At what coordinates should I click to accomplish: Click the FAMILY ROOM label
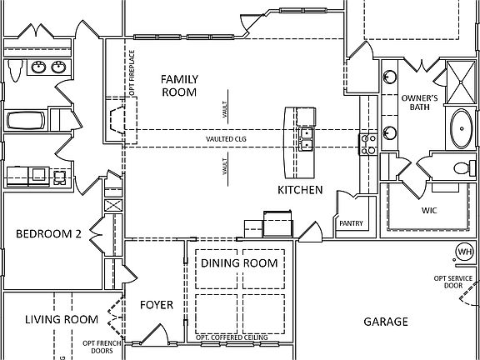click(178, 84)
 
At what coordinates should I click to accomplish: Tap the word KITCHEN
click(300, 191)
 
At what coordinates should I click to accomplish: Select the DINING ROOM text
click(239, 263)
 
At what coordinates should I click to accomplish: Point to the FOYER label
click(156, 305)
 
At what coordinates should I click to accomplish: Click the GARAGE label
click(386, 322)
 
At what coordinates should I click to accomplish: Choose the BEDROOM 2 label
click(48, 235)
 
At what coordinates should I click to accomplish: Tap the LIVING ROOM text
click(61, 319)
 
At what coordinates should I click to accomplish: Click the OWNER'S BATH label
click(420, 103)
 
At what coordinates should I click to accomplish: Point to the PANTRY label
click(350, 224)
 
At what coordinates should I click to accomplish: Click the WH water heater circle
click(463, 252)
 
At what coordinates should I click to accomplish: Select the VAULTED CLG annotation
click(226, 139)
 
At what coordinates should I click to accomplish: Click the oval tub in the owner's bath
click(460, 129)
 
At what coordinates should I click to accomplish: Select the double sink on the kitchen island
click(307, 139)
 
